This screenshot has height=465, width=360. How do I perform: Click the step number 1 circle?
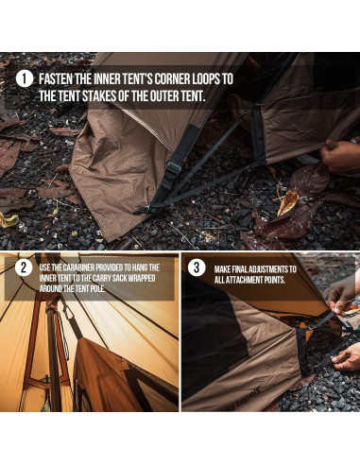[x=25, y=78]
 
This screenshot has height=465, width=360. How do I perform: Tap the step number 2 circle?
[x=24, y=267]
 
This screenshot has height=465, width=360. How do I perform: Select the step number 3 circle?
[x=197, y=267]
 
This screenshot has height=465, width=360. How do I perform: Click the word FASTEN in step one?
[x=56, y=78]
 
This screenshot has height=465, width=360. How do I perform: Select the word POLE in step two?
[x=98, y=288]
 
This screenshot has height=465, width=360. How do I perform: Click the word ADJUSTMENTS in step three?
[x=268, y=269]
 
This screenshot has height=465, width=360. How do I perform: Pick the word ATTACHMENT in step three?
[x=243, y=280]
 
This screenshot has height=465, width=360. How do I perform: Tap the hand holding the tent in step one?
[x=340, y=155]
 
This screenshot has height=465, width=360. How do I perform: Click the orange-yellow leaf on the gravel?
[x=287, y=202]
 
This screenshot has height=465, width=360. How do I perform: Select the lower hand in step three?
[x=347, y=356]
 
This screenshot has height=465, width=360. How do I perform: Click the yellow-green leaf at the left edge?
[x=9, y=219]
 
